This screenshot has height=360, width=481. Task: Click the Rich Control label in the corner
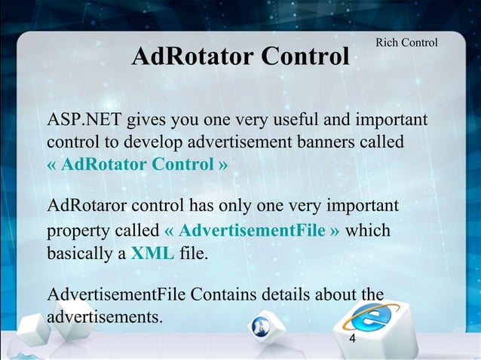tap(406, 43)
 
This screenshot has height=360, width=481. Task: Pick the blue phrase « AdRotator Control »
tap(137, 163)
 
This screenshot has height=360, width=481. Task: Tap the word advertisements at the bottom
tap(105, 316)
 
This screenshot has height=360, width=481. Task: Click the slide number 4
tap(352, 340)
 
